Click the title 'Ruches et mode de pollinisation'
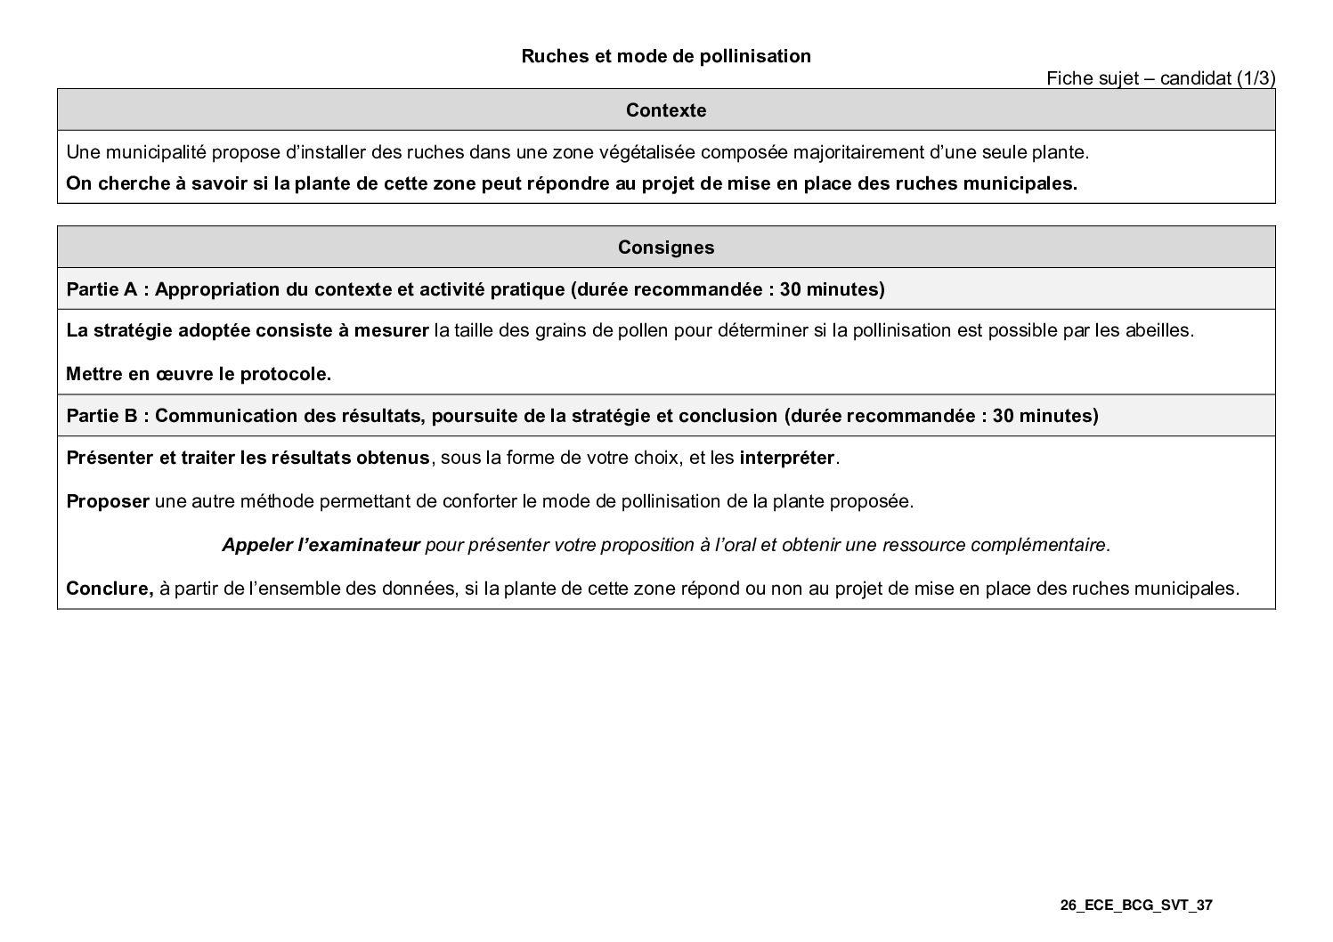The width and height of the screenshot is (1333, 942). tap(666, 57)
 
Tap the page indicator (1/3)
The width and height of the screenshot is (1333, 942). tap(1256, 79)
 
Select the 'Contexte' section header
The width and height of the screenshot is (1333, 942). tap(666, 110)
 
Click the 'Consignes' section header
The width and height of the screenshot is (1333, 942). tap(666, 248)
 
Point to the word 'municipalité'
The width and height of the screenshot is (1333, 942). tap(155, 153)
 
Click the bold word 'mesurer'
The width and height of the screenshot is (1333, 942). tap(392, 331)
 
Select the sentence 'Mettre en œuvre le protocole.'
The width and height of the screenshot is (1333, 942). tap(199, 375)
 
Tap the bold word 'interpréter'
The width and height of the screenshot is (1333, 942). tap(787, 459)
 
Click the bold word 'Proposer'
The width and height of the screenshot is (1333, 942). tap(108, 501)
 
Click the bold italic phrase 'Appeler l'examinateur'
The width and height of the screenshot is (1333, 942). tap(321, 545)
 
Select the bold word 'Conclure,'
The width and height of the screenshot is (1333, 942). tap(110, 589)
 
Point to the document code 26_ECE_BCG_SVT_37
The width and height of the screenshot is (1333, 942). tap(1136, 906)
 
